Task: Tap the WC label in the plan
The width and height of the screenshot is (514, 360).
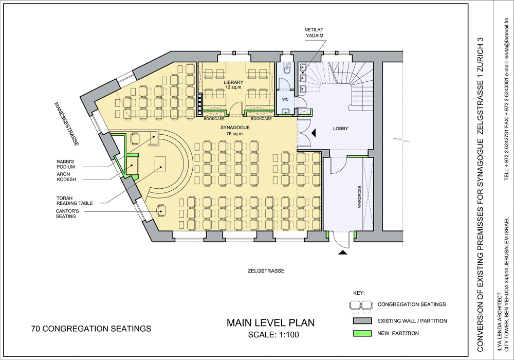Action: [x=285, y=99]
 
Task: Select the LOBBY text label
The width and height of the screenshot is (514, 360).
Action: [x=341, y=129]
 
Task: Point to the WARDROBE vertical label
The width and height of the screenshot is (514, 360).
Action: [x=359, y=197]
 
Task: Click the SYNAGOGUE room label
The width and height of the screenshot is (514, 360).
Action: [x=235, y=131]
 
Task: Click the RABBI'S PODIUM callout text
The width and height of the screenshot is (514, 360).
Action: [x=66, y=164]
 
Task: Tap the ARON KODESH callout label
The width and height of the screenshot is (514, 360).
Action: [x=66, y=177]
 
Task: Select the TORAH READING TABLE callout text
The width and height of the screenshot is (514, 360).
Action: [x=75, y=201]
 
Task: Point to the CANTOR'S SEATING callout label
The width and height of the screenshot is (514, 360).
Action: [x=67, y=214]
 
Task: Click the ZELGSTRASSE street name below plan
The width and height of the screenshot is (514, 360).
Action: [x=266, y=271]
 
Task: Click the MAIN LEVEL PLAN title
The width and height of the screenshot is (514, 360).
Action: [x=271, y=322]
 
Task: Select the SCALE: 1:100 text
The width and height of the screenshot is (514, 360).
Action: [x=273, y=335]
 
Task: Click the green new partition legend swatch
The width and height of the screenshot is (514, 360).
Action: [x=362, y=333]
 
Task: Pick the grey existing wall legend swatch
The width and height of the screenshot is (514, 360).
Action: [x=362, y=320]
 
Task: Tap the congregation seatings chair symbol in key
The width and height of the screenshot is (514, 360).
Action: [x=361, y=305]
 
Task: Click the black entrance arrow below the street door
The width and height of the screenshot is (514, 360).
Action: [x=342, y=253]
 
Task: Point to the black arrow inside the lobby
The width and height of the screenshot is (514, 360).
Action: [x=314, y=133]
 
